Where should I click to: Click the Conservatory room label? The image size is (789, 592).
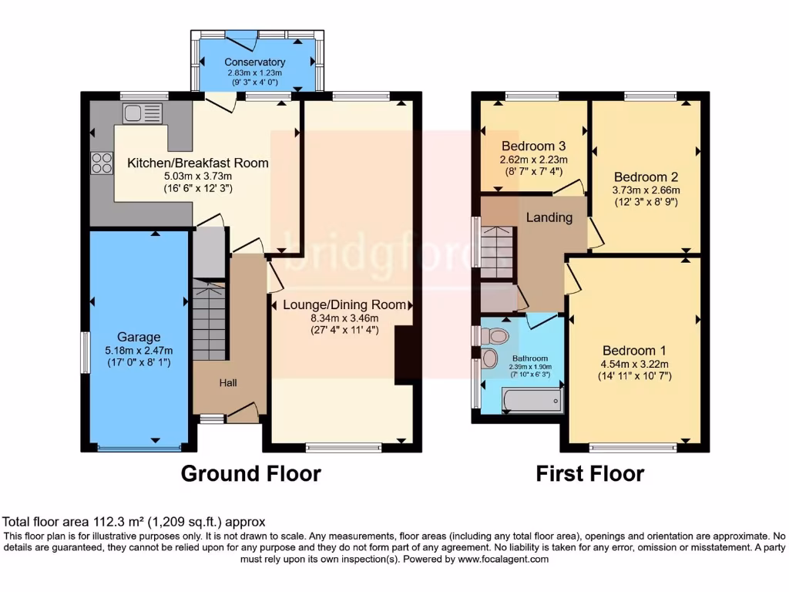255,62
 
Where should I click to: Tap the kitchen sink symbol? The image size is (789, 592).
143,113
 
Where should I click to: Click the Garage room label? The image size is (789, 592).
139,337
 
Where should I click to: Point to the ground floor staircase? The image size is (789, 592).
210,320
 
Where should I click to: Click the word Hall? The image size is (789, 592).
227,382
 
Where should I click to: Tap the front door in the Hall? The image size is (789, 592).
243,414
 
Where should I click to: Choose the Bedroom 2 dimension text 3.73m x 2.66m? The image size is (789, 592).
646,190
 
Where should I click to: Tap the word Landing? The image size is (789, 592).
549,217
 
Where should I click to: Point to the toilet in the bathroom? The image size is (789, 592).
495,335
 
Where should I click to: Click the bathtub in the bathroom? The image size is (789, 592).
532,401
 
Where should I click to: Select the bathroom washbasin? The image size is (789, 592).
489,359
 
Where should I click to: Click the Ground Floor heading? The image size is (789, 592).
250,473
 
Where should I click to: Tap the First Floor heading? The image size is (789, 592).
589,473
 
